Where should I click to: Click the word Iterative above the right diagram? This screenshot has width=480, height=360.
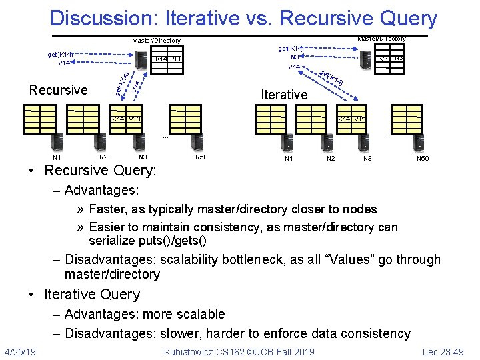point(284,95)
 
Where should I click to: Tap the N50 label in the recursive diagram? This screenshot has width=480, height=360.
point(201,157)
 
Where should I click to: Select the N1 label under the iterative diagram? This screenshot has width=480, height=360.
point(289,159)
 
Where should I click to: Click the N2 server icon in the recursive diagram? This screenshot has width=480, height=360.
point(101,141)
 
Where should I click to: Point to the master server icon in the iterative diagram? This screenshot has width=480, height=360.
point(365,61)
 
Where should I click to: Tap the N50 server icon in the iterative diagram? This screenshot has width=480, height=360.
point(420,142)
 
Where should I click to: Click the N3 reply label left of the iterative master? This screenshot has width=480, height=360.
point(294,57)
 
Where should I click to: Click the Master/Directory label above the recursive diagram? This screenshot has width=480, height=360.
point(156,41)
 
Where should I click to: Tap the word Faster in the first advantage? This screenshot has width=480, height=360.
point(109,209)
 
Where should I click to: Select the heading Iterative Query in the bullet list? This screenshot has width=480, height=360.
point(91,295)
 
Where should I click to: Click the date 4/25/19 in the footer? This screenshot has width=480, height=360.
point(20,351)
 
